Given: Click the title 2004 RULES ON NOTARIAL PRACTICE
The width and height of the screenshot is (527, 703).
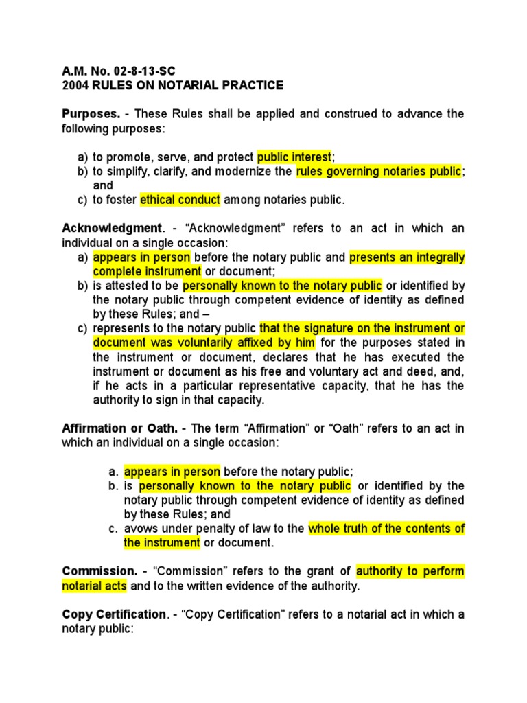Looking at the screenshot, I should [172, 85].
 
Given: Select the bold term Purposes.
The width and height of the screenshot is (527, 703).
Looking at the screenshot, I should [91, 114].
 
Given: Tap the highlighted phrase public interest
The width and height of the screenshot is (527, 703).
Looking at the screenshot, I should [294, 157].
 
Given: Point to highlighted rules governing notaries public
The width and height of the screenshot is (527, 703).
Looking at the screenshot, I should [379, 172].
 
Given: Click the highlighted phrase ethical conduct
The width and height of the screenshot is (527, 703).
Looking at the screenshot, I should [180, 200].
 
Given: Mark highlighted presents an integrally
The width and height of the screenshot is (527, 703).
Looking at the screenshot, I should [407, 257].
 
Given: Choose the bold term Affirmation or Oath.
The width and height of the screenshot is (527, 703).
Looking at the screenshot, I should [120, 428].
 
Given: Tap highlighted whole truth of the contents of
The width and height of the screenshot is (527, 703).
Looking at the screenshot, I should [386, 529].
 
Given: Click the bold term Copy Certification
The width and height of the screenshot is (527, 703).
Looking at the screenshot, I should [115, 614].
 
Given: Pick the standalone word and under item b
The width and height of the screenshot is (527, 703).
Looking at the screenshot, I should [103, 185].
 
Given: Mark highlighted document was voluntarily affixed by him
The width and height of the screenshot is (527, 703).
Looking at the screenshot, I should [204, 343].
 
